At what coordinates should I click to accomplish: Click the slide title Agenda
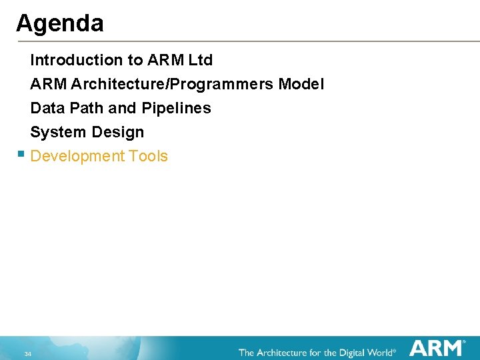60,24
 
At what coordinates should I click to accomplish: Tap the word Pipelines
176,108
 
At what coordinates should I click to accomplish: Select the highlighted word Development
78,157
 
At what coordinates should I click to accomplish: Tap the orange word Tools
149,157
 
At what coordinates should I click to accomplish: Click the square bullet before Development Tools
21,154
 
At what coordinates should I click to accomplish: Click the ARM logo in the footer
437,349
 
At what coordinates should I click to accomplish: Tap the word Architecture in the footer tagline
287,352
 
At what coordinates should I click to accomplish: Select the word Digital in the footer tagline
351,352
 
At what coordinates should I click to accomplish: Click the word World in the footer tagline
380,352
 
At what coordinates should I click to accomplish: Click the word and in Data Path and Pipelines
122,108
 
